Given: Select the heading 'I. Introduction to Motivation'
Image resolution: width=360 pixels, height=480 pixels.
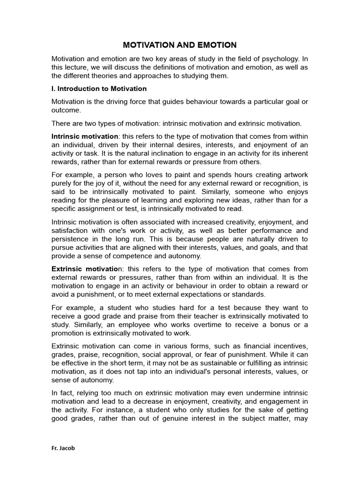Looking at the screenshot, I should (x=99, y=89).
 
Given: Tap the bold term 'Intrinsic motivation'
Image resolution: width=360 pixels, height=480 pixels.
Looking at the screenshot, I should (x=85, y=136).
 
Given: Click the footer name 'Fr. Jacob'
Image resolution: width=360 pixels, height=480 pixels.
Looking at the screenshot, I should (x=63, y=448).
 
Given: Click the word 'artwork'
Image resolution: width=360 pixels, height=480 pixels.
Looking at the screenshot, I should (x=293, y=174).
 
